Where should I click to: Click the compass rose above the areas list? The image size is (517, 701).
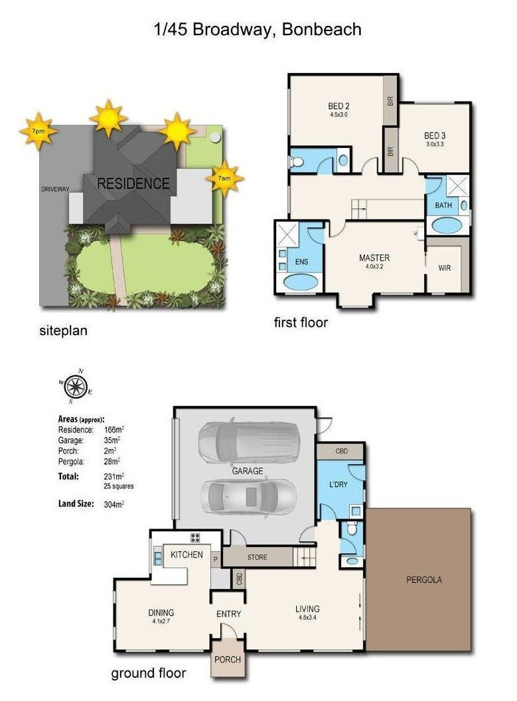pos(75,386)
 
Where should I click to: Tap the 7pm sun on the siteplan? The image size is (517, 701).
pos(38,131)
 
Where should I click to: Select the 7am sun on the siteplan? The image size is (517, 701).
pos(224,178)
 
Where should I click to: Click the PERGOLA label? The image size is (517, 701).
pos(424,580)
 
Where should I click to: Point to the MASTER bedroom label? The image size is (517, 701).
pos(374,258)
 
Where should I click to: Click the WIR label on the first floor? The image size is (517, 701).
pos(445,268)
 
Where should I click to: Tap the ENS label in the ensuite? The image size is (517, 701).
pos(301,261)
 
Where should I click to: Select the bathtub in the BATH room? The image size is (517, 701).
pos(449,225)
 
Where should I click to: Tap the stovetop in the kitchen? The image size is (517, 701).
pos(195,538)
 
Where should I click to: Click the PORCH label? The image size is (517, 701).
pos(228,659)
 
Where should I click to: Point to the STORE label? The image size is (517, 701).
pos(257,557)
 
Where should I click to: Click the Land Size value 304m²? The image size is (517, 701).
pos(113,504)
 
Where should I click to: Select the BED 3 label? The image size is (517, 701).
pos(435,135)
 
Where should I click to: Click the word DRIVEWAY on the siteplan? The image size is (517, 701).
pos(56,189)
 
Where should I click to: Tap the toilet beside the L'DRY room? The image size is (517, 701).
pos(352,528)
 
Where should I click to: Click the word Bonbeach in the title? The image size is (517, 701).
pos(322,29)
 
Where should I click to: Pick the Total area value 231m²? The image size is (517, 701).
pos(113,477)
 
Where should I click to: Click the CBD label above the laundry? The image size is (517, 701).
pos(342,451)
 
